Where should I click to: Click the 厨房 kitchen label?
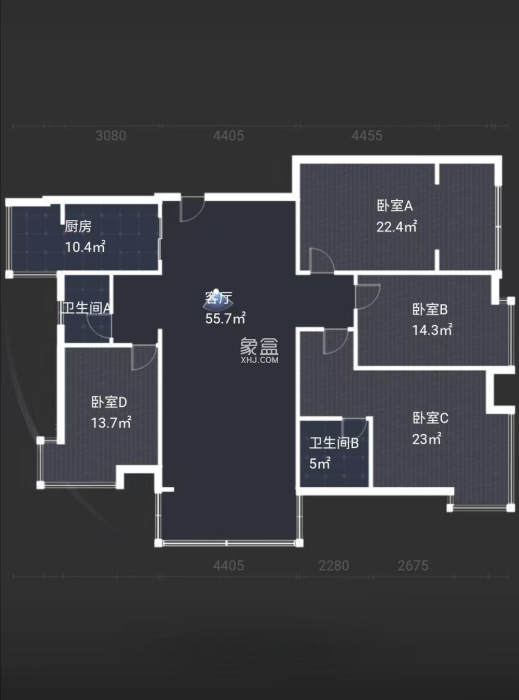78,226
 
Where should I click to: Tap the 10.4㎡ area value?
85,247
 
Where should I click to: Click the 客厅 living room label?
218,298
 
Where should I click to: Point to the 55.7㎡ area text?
225,319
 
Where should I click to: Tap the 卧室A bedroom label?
394,206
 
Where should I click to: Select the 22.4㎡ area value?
397,227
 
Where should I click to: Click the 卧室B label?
430,309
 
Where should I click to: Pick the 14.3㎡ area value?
432,330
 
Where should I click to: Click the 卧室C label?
430,418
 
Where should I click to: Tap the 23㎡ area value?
427,439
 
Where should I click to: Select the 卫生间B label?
334,443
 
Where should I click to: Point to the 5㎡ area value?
320,463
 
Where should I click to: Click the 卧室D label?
109,402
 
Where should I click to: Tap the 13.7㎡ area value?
111,423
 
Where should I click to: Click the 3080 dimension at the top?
111,136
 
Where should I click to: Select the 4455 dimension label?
367,136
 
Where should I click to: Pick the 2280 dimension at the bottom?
334,566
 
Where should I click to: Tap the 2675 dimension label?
413,566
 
